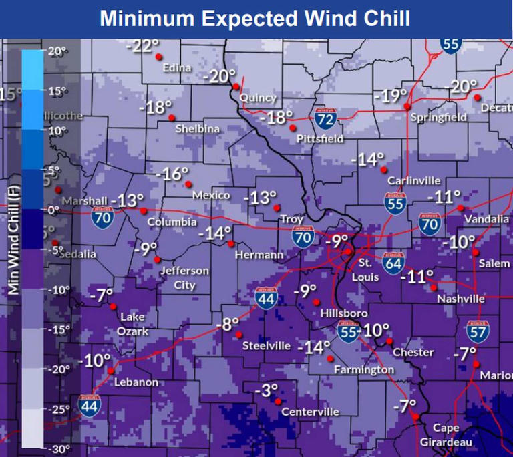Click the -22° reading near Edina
[144, 46]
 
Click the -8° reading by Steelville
[228, 325]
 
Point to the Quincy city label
[258, 98]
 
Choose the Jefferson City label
[184, 278]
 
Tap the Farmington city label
[364, 369]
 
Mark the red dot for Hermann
[231, 244]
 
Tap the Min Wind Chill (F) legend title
[13, 240]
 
